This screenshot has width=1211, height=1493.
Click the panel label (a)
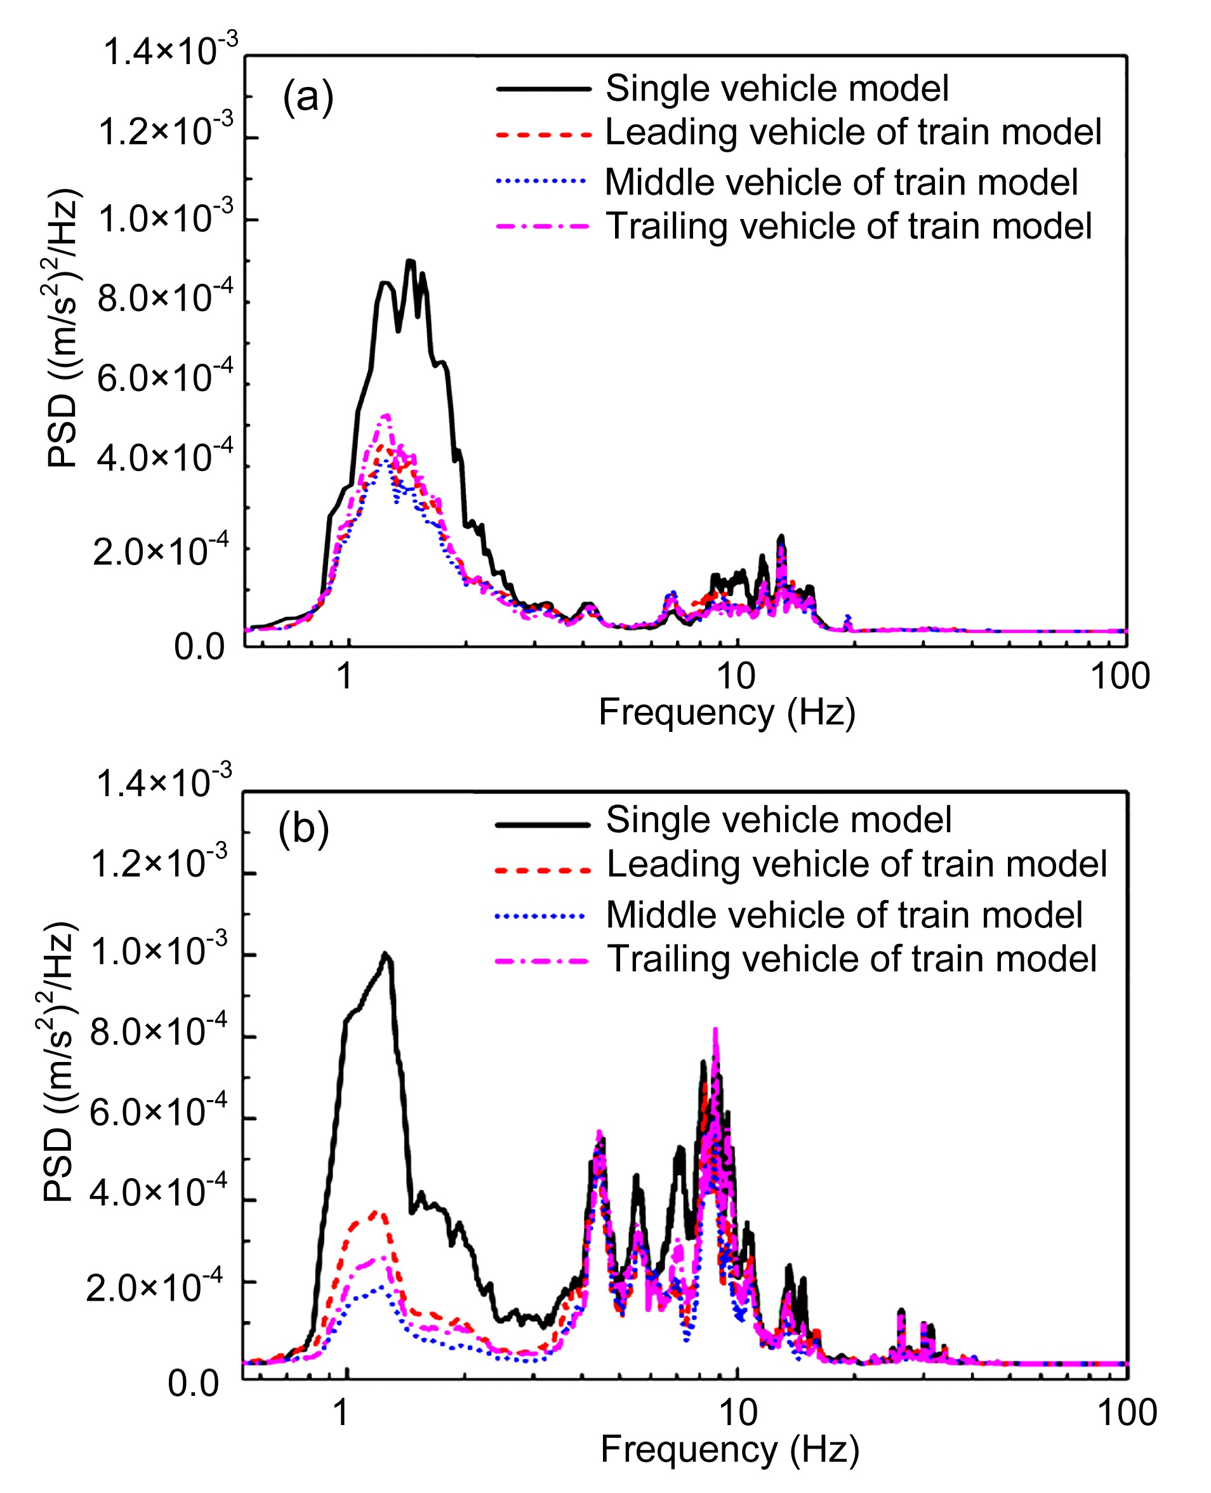pyautogui.click(x=308, y=97)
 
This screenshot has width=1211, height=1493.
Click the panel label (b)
pyautogui.click(x=303, y=830)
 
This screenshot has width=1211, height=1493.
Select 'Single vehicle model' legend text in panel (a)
pyautogui.click(x=777, y=89)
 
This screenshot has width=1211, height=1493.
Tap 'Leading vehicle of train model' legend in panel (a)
pyautogui.click(x=853, y=133)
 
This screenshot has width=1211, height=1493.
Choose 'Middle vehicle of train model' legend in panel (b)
pyautogui.click(x=844, y=915)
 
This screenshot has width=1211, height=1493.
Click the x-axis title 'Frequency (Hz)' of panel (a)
pyautogui.click(x=727, y=712)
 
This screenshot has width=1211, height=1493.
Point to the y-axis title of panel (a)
pyautogui.click(x=64, y=328)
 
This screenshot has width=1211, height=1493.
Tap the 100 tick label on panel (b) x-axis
pyautogui.click(x=1127, y=1412)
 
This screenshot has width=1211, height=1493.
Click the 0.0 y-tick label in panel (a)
pyautogui.click(x=199, y=647)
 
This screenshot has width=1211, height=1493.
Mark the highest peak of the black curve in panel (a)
pyautogui.click(x=410, y=261)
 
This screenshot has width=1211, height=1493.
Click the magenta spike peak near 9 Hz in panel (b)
pyautogui.click(x=715, y=1029)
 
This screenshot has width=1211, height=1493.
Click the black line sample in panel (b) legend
pyautogui.click(x=543, y=825)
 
